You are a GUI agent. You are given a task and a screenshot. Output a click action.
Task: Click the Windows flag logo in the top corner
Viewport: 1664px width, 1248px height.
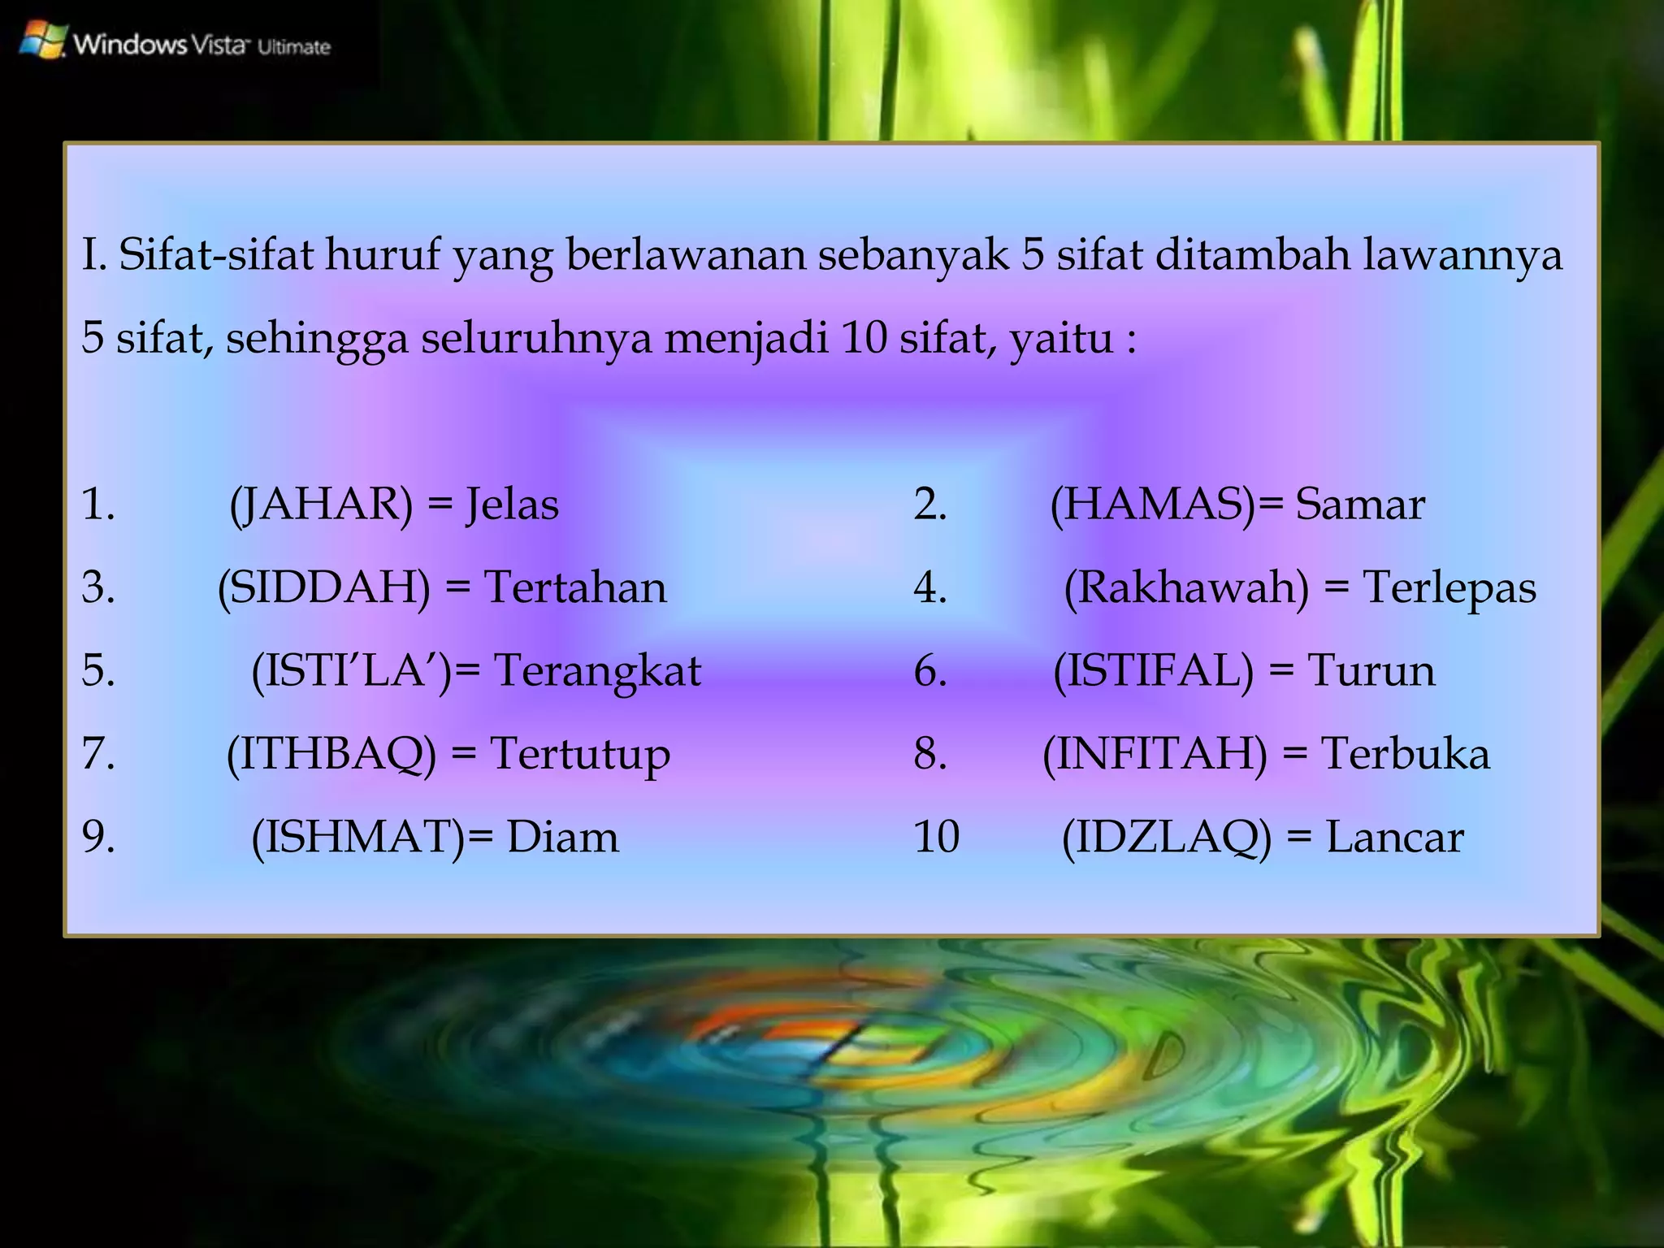click(x=43, y=40)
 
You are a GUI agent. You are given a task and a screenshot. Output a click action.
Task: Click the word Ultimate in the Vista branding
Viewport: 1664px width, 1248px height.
click(x=294, y=47)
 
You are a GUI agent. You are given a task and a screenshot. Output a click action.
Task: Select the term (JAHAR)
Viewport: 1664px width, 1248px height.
click(x=321, y=505)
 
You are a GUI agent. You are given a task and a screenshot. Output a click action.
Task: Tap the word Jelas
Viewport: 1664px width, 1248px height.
click(x=512, y=505)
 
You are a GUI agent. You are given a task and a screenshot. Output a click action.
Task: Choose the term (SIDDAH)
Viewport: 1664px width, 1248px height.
click(x=324, y=587)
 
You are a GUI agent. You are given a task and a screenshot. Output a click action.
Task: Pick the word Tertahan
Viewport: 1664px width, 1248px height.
click(x=575, y=587)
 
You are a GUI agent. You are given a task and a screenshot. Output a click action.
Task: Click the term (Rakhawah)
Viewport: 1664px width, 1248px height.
click(x=1186, y=587)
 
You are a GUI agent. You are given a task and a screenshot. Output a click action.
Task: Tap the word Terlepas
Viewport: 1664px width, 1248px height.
click(x=1449, y=587)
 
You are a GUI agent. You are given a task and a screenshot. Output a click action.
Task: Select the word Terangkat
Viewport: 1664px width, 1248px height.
click(x=597, y=671)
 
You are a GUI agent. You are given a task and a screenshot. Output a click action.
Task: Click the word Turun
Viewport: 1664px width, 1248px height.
click(x=1371, y=671)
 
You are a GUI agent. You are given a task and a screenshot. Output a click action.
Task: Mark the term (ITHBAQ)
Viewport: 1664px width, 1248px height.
click(x=331, y=754)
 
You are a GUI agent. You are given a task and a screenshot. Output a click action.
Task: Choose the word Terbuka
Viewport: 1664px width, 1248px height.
click(x=1406, y=754)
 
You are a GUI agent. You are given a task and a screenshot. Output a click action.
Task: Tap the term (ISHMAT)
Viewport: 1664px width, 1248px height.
click(x=357, y=837)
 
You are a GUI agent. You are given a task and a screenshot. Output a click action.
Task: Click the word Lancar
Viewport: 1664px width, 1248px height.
click(x=1394, y=837)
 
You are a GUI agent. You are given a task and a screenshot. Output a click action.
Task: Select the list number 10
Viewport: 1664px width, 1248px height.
click(x=936, y=837)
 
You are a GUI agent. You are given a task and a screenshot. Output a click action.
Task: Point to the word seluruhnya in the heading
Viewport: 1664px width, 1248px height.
click(x=536, y=338)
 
